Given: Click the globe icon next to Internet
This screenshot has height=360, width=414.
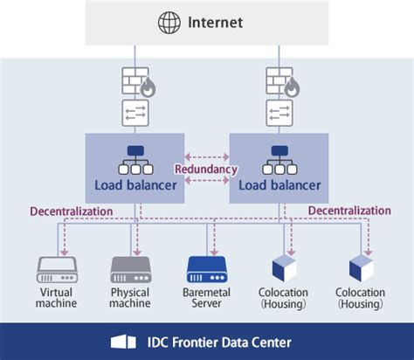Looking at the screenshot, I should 168,23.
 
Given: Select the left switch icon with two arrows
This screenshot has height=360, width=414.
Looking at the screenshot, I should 135,114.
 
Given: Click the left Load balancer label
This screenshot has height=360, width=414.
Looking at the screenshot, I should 135,184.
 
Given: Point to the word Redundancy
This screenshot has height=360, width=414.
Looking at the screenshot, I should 206,169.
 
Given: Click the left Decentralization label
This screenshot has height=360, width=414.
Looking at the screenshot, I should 71,211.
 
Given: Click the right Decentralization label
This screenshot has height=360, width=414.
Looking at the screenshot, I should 349,211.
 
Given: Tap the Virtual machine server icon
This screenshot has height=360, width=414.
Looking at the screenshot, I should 57,267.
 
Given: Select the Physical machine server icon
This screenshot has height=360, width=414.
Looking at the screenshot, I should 131,267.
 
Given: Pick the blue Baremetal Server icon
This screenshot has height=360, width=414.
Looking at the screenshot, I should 206,267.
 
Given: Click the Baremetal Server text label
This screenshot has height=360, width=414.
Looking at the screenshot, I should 206,298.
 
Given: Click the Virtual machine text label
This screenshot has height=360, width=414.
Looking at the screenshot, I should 57,298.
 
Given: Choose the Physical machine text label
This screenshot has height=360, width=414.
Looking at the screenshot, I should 131,298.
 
